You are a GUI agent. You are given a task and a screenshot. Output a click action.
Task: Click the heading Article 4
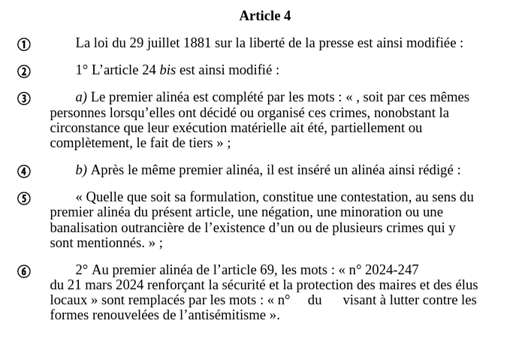pyautogui.click(x=264, y=16)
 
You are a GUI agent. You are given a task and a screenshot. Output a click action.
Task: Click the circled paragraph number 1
pyautogui.click(x=24, y=44)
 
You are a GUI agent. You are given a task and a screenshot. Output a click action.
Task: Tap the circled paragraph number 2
pyautogui.click(x=24, y=71)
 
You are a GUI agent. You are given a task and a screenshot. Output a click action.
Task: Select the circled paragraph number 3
pyautogui.click(x=24, y=98)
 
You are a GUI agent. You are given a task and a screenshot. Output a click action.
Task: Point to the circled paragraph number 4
pyautogui.click(x=24, y=171)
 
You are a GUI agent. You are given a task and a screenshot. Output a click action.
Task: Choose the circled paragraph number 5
pyautogui.click(x=24, y=198)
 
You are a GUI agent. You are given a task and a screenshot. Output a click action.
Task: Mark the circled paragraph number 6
pyautogui.click(x=24, y=271)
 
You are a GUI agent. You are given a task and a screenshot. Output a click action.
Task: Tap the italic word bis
pyautogui.click(x=167, y=70)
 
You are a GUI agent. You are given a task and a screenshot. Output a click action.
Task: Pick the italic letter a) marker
pyautogui.click(x=81, y=97)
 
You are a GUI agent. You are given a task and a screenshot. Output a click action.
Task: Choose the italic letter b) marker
pyautogui.click(x=81, y=170)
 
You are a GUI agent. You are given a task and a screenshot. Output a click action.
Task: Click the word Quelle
pyautogui.click(x=104, y=197)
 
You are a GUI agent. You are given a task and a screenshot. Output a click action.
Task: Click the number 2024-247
pyautogui.click(x=391, y=270)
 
